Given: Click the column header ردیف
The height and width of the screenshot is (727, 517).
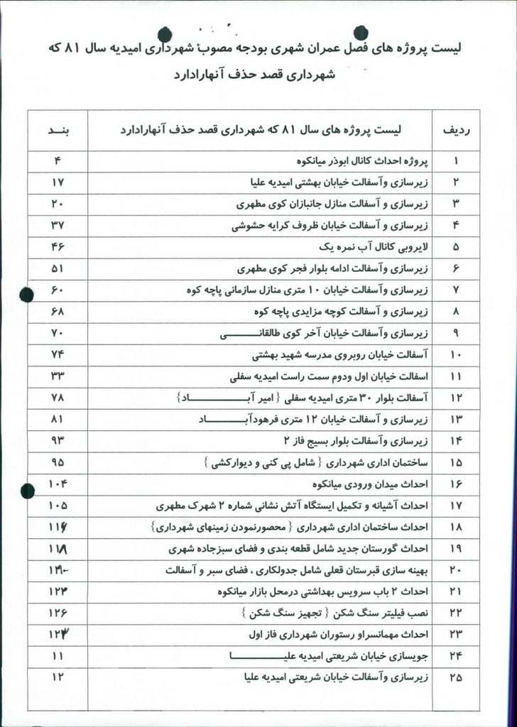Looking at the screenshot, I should click(455, 131).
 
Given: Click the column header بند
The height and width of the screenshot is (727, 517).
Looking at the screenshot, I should click(58, 131).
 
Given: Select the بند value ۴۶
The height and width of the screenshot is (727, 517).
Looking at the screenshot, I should click(58, 248).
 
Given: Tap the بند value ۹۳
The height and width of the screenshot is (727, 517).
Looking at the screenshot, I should click(58, 441).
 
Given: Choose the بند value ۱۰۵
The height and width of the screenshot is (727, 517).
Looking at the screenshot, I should click(58, 505).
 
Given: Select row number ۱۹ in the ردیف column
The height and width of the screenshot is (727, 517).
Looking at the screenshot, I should click(456, 549).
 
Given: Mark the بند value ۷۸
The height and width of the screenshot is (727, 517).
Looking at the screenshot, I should click(58, 398).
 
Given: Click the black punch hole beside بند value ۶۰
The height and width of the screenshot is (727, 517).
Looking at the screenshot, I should click(26, 292).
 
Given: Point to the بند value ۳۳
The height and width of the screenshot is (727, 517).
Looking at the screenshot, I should click(58, 376).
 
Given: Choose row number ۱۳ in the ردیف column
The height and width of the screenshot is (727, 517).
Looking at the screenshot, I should click(456, 420).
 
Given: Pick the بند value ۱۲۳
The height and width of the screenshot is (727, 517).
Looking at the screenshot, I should click(58, 591).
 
